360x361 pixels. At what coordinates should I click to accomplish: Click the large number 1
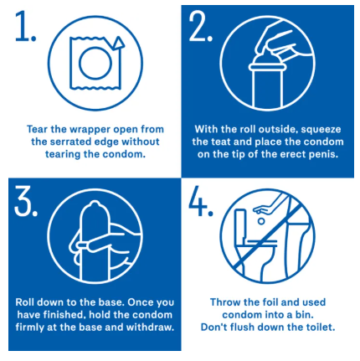23,27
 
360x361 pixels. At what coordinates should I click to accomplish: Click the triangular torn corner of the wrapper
118,44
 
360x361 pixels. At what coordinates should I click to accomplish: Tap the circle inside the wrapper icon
95,64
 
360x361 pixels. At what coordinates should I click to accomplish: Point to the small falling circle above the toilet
261,221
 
